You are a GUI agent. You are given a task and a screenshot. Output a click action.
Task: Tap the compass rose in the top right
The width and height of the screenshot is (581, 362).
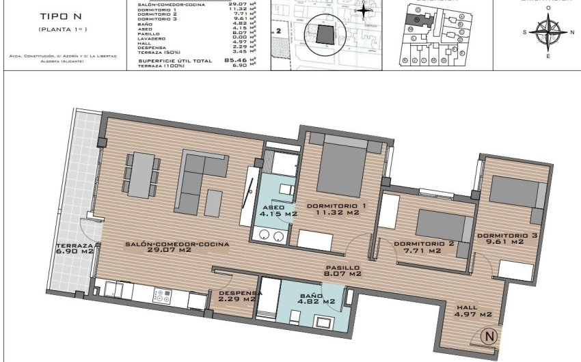547,32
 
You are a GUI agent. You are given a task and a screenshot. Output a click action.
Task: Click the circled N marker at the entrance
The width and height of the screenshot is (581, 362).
489,336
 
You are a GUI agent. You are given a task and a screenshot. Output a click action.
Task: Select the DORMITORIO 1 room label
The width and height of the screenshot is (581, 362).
332,210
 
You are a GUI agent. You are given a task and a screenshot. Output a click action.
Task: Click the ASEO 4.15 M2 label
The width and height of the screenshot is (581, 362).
278,210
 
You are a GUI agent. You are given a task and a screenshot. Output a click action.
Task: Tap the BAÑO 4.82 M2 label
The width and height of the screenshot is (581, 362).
316,298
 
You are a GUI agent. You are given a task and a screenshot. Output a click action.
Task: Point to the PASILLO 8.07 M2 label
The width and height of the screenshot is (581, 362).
342,271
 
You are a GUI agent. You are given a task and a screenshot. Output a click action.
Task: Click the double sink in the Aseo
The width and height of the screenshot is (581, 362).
270,236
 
